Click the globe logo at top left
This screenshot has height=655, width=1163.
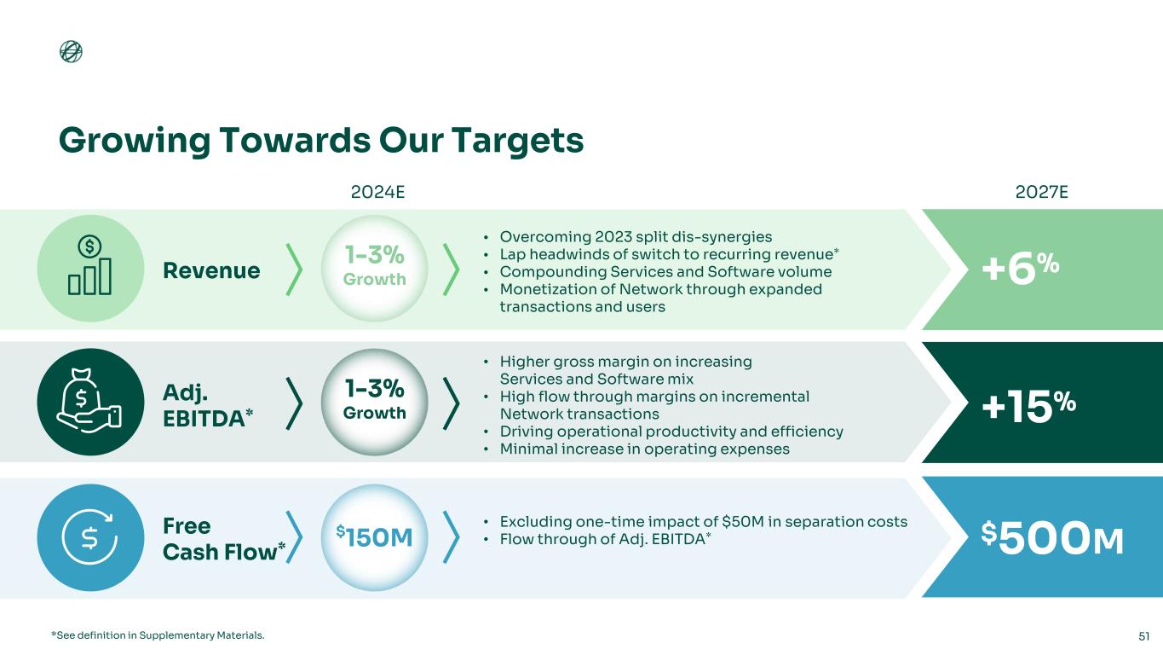[x=71, y=52]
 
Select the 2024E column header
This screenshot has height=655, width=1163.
[x=377, y=192]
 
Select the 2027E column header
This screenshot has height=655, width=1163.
[x=1043, y=192]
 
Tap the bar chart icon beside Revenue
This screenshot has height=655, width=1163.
[x=90, y=268]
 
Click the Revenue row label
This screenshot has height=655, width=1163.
[x=211, y=270]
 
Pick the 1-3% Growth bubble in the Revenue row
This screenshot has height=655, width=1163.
[x=374, y=267]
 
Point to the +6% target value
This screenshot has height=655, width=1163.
[x=1021, y=269]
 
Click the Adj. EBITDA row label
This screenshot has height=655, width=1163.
[x=207, y=402]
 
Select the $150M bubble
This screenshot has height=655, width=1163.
[x=374, y=537]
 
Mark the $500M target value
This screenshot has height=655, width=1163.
[x=1051, y=537]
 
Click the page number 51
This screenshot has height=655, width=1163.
[x=1144, y=635]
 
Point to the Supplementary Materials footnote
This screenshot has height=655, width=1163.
[x=158, y=635]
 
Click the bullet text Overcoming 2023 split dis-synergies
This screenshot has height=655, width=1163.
[x=636, y=236]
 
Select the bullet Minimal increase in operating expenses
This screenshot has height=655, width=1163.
[x=644, y=449]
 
